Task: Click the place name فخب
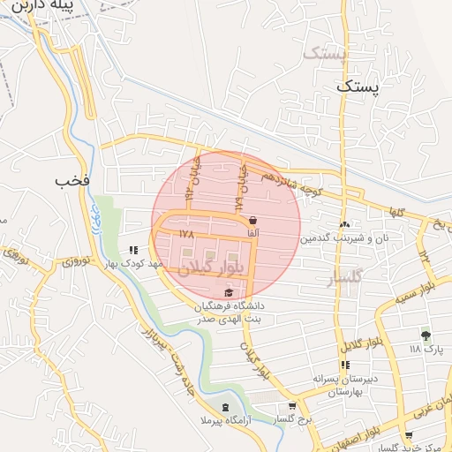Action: pyautogui.click(x=72, y=181)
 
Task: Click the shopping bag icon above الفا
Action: pyautogui.click(x=253, y=220)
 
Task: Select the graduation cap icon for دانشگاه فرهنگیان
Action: pyautogui.click(x=229, y=292)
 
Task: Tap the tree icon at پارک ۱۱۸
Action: pyautogui.click(x=426, y=335)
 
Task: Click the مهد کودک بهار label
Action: pyautogui.click(x=133, y=263)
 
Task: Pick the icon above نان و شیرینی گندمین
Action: pyautogui.click(x=343, y=224)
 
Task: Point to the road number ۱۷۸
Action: pyautogui.click(x=185, y=234)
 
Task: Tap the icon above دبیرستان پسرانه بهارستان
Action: pyautogui.click(x=345, y=365)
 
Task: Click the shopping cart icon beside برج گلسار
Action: pyautogui.click(x=292, y=407)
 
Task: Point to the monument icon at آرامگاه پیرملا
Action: pyautogui.click(x=224, y=407)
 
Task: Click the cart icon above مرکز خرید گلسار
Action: pyautogui.click(x=407, y=435)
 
